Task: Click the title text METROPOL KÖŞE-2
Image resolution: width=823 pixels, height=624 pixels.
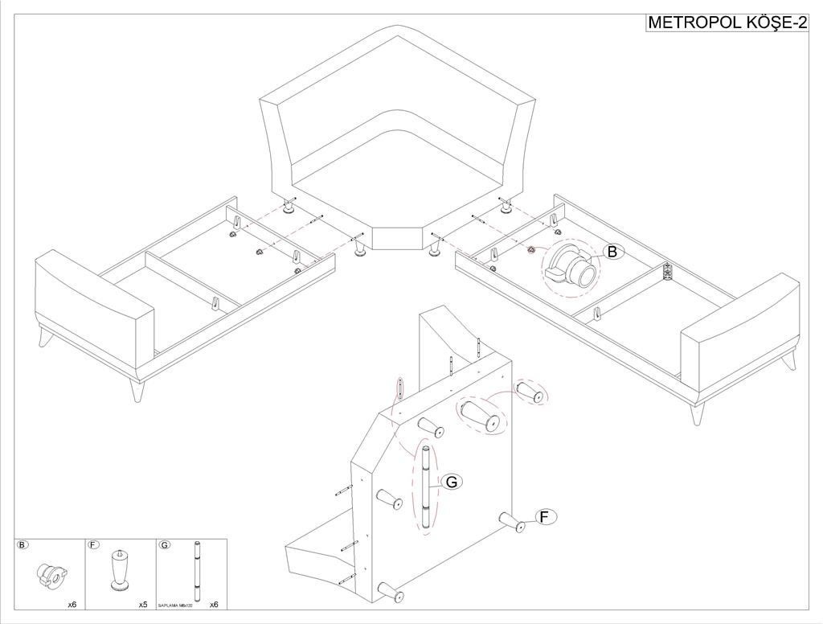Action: (727, 23)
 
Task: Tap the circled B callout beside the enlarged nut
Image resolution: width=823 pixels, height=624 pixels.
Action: (613, 252)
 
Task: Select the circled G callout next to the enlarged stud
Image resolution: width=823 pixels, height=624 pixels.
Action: (452, 482)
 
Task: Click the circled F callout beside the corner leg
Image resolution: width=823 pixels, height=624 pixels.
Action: (545, 517)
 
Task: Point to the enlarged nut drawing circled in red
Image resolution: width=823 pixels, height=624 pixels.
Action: (572, 268)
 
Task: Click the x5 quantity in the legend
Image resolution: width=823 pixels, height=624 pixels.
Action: (143, 604)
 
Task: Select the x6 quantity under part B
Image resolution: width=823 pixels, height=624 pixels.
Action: (72, 604)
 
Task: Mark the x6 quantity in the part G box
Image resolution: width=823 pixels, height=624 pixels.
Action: (214, 604)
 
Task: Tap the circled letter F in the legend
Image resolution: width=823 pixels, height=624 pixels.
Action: (93, 545)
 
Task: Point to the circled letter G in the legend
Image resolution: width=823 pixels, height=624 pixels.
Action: (165, 545)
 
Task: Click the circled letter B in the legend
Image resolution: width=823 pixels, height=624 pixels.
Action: (23, 545)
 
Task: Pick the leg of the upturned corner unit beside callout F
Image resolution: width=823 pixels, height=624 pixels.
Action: (513, 522)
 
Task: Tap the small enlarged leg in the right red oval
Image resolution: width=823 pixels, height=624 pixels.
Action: (529, 392)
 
